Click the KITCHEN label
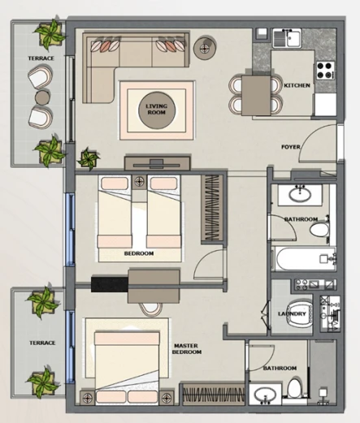(297, 85)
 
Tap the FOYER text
(291, 147)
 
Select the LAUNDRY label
(292, 314)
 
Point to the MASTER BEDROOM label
(187, 349)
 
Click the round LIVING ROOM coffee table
(157, 110)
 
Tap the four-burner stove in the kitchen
(325, 70)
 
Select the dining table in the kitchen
(256, 96)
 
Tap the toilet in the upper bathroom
(319, 229)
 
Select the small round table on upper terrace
(42, 97)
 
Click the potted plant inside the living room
(89, 159)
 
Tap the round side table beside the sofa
(205, 48)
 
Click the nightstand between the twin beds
(140, 182)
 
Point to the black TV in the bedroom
(110, 284)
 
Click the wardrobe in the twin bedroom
(212, 208)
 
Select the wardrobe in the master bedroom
(214, 394)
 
